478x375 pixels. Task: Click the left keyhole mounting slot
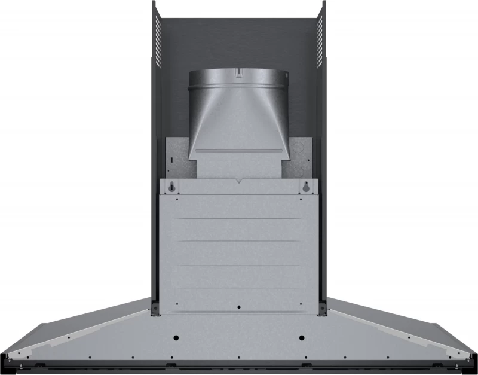172,187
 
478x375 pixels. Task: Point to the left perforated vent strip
158,39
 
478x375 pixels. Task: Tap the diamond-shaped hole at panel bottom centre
239,307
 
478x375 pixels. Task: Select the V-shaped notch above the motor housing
239,179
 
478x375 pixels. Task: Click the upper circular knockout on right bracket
301,147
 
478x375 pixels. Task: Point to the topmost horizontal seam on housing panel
239,219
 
